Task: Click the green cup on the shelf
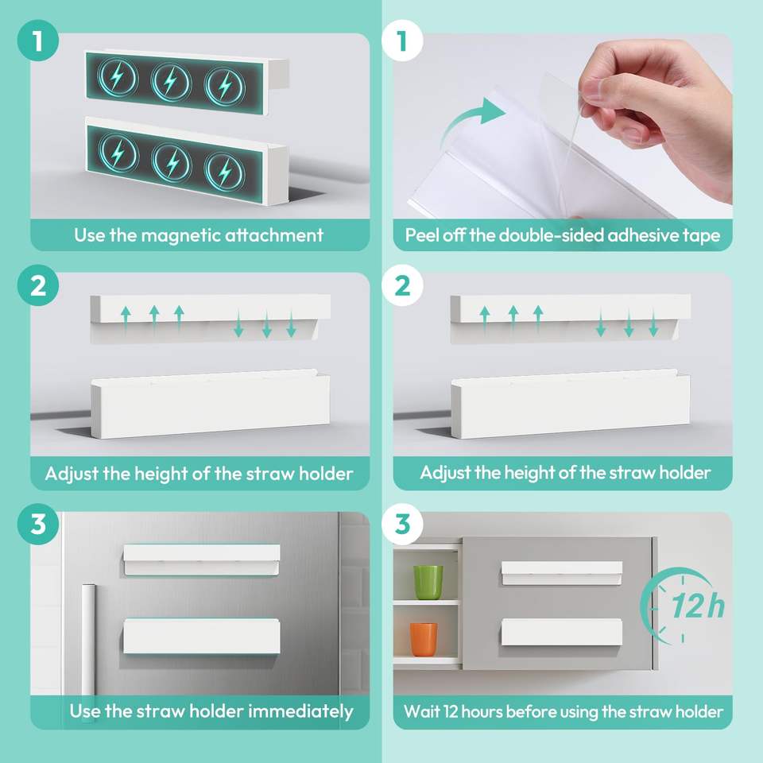click(x=428, y=582)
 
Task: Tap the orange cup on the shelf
click(x=424, y=639)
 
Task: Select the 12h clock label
click(x=698, y=606)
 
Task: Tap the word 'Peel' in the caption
click(x=420, y=235)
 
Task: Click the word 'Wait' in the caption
click(x=421, y=711)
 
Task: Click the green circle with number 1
click(x=38, y=41)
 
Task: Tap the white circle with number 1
click(x=402, y=41)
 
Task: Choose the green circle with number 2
click(x=38, y=285)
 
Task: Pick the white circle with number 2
click(x=402, y=285)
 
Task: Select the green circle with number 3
click(x=38, y=525)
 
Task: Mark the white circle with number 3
click(x=402, y=525)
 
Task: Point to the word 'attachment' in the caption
click(x=273, y=235)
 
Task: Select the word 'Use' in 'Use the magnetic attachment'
click(x=89, y=235)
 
